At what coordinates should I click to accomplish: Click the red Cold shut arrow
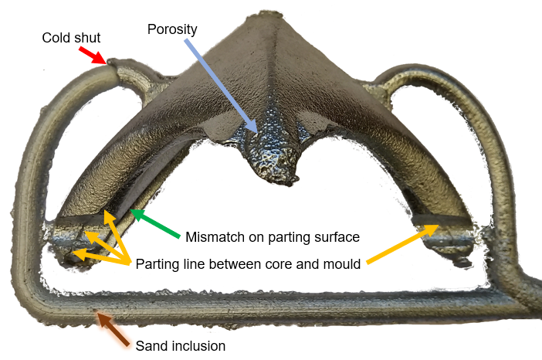click(93, 56)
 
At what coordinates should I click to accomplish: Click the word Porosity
click(172, 29)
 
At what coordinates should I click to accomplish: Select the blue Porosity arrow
click(222, 86)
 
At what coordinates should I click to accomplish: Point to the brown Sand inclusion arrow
click(113, 329)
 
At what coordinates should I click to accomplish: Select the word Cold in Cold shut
click(56, 38)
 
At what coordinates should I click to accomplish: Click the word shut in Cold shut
click(86, 38)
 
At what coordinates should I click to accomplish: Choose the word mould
click(341, 264)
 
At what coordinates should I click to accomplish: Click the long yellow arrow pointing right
click(402, 244)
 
